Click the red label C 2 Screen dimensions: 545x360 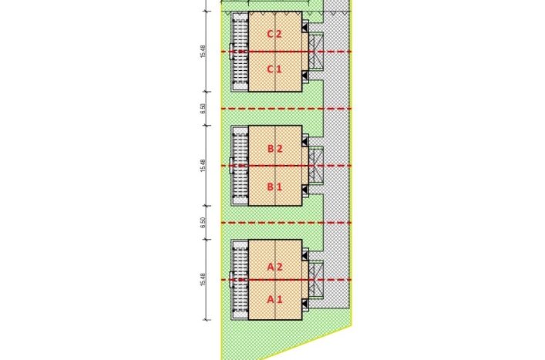[x=274, y=34]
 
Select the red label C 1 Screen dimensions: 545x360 [x=274, y=69]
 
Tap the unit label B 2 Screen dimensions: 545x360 [x=274, y=149]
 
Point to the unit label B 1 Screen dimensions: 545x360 [x=274, y=187]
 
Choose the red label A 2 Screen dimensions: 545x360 [x=274, y=267]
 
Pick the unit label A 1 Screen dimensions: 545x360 [x=274, y=299]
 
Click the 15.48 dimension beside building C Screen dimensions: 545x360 [x=203, y=52]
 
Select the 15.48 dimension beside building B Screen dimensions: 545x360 [x=203, y=166]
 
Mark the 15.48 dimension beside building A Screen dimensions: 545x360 [x=203, y=280]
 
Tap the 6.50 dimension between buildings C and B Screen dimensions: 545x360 [x=203, y=109]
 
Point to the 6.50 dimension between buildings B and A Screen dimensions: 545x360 [x=203, y=222]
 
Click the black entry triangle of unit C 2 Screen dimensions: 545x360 [x=304, y=27]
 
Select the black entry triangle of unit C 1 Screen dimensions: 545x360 [x=304, y=76]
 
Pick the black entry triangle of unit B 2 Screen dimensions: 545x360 [x=304, y=141]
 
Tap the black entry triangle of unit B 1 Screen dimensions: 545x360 [x=304, y=190]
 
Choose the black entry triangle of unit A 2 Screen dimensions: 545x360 [x=304, y=256]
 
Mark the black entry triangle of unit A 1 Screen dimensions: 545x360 [x=304, y=304]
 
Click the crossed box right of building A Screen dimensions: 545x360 [x=316, y=280]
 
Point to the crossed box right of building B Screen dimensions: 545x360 [x=316, y=166]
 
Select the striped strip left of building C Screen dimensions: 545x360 [x=241, y=52]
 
